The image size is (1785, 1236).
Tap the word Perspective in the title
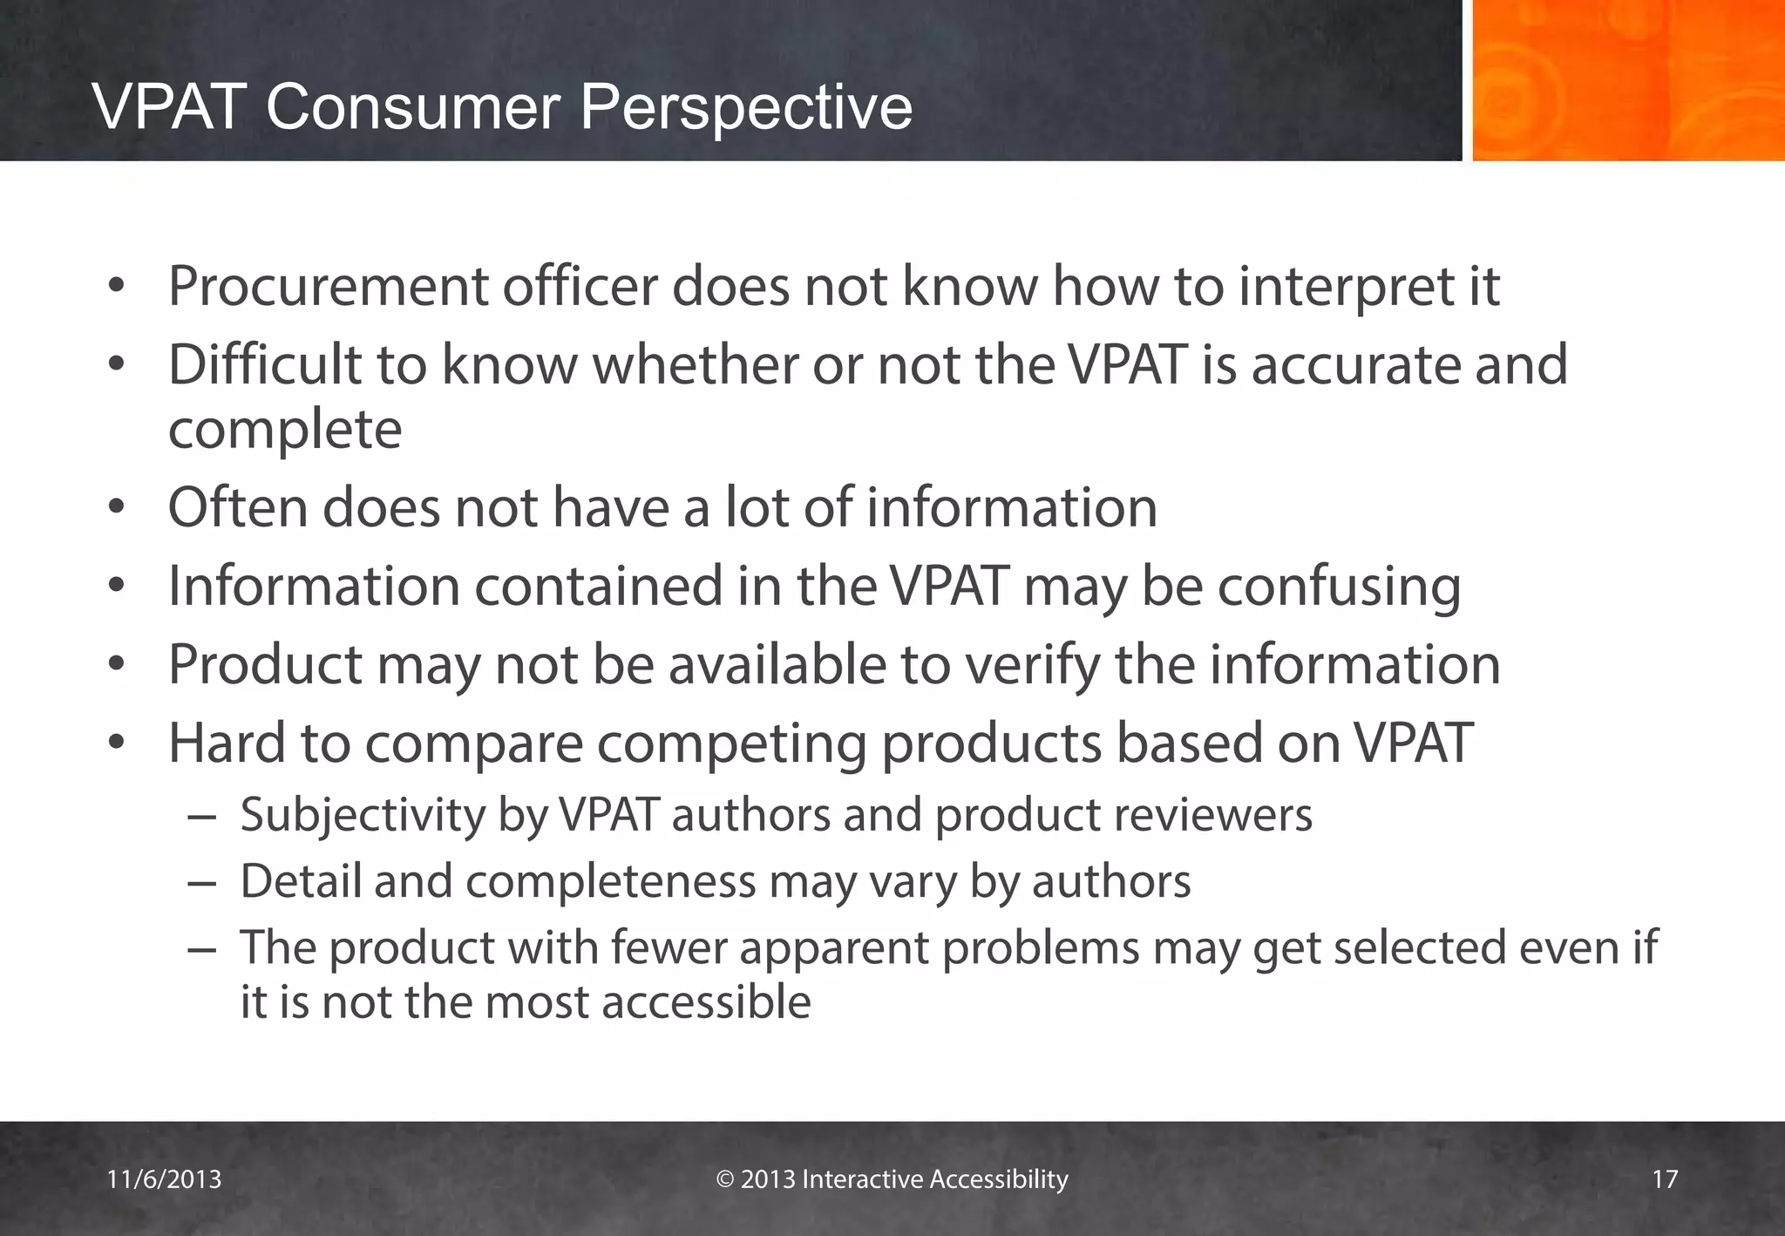tap(745, 109)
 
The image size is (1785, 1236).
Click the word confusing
tap(1339, 587)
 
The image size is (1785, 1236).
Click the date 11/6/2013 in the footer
tap(164, 1179)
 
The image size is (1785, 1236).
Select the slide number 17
tap(1665, 1179)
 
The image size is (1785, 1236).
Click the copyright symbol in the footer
tap(725, 1179)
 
